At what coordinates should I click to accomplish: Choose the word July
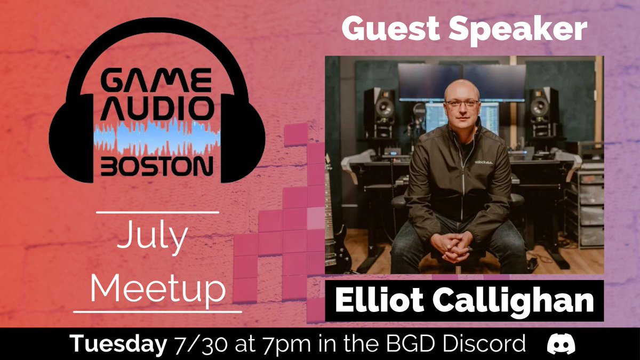152,238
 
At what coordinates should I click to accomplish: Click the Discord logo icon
562,345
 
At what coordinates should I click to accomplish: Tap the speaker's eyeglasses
461,103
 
